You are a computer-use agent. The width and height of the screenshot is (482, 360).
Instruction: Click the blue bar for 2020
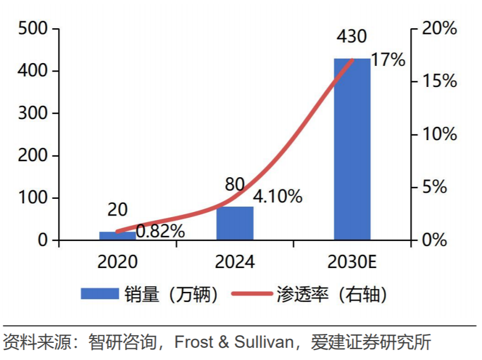pyautogui.click(x=117, y=236)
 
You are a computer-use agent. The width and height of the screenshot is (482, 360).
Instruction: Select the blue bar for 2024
pyautogui.click(x=235, y=224)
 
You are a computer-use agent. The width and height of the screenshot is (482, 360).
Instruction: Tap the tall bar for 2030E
pyautogui.click(x=352, y=150)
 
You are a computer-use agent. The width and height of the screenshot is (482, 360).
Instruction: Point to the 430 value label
pyautogui.click(x=351, y=37)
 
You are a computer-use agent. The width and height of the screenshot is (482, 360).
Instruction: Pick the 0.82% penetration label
pyautogui.click(x=160, y=231)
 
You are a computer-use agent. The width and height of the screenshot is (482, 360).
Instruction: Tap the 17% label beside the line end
pyautogui.click(x=388, y=60)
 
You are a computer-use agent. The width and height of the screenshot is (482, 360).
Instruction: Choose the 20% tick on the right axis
pyautogui.click(x=439, y=28)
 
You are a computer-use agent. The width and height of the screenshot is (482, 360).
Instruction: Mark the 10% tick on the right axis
pyautogui.click(x=439, y=134)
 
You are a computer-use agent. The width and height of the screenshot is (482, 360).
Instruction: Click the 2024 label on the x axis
pyautogui.click(x=235, y=262)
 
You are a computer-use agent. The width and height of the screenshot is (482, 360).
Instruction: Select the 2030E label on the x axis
pyautogui.click(x=352, y=262)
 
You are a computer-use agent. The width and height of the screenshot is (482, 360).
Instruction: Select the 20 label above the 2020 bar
pyautogui.click(x=117, y=210)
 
